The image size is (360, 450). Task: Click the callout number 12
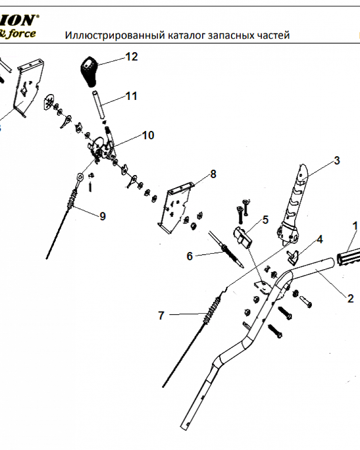tap(131, 57)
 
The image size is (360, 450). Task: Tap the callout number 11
tap(131, 96)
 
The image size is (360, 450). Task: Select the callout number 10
tap(148, 135)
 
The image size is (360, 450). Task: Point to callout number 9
tap(103, 216)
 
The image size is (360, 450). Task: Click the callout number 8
tap(213, 174)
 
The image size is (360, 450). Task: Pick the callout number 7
tap(162, 316)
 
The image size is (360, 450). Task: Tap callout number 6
tap(189, 256)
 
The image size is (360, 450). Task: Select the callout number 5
tap(265, 220)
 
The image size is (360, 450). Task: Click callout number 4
tap(319, 239)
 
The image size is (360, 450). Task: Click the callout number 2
tap(351, 298)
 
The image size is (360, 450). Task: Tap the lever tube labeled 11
tap(99, 105)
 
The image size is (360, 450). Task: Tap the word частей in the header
tap(271, 36)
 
